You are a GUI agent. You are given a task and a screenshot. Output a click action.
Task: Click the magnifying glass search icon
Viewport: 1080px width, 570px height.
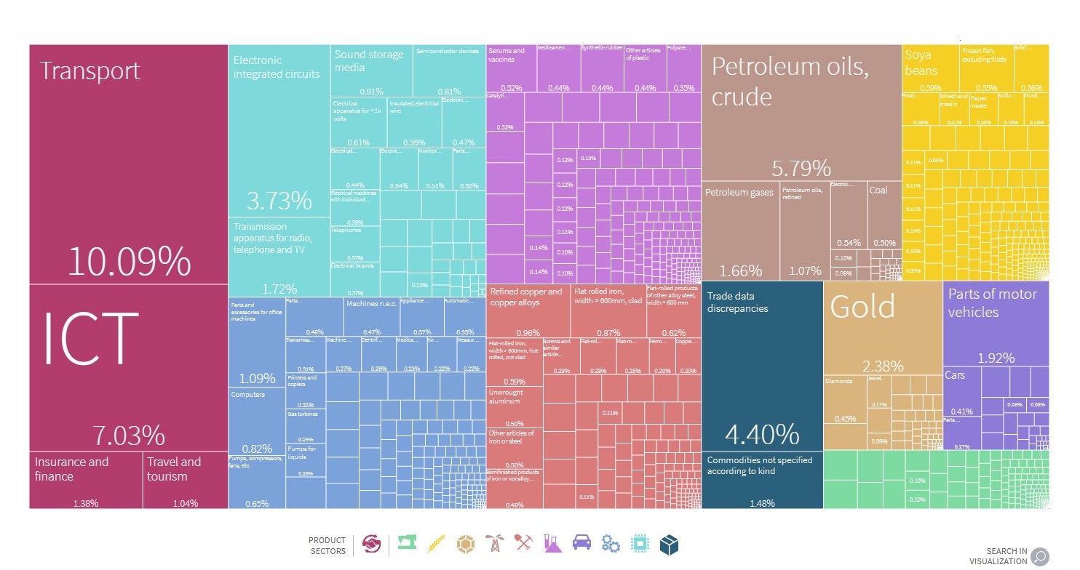click(x=1039, y=556)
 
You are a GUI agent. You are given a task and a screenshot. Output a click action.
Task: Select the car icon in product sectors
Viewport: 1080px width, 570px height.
click(x=582, y=543)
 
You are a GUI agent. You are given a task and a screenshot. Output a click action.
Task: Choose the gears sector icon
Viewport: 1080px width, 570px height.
click(x=611, y=543)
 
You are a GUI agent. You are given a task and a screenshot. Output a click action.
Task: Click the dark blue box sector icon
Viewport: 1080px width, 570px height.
click(x=669, y=543)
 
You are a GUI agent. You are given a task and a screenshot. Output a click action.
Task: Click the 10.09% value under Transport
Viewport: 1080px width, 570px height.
click(x=129, y=262)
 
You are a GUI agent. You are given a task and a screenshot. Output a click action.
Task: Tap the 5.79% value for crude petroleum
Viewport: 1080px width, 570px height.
click(x=801, y=169)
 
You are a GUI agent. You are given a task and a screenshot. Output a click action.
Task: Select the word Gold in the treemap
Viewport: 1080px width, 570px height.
click(x=862, y=308)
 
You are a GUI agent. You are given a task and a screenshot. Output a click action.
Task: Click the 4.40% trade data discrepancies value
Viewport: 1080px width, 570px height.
click(x=762, y=434)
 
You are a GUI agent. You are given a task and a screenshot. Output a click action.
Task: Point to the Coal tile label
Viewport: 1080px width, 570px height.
click(x=878, y=190)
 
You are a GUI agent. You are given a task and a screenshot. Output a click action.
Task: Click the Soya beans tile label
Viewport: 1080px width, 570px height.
click(x=921, y=63)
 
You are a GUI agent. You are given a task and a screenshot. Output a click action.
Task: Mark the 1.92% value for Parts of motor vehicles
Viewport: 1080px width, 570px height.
click(x=995, y=358)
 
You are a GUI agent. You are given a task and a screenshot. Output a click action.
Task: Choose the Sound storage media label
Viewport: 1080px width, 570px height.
click(x=369, y=61)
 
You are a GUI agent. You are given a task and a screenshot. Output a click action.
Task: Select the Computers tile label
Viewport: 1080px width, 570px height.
click(x=248, y=395)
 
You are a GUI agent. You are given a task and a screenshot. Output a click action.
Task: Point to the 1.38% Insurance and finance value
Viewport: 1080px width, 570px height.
click(x=85, y=503)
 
